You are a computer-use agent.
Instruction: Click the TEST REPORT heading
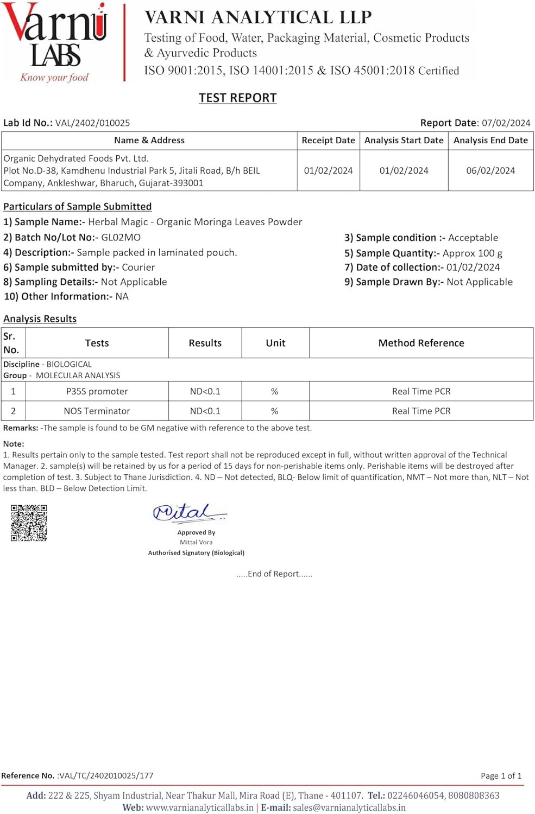click(237, 98)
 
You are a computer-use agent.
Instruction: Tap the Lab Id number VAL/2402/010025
click(92, 123)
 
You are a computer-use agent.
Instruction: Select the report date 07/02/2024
click(506, 123)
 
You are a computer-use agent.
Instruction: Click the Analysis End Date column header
click(490, 140)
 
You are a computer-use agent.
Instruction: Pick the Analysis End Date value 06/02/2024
click(490, 170)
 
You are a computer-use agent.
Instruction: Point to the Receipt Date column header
click(328, 140)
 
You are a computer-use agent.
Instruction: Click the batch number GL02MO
click(121, 237)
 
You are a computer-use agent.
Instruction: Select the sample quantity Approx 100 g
click(472, 253)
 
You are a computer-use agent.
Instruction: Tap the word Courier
click(138, 267)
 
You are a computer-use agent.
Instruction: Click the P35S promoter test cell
click(97, 391)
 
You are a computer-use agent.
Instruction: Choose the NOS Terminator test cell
click(97, 411)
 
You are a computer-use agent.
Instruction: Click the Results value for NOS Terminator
click(205, 411)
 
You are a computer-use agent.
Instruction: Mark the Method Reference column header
click(421, 343)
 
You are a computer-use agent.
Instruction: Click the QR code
click(29, 523)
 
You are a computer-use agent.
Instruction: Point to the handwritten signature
click(188, 513)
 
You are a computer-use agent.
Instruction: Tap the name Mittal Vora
click(196, 542)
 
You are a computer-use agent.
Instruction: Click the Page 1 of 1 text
click(501, 775)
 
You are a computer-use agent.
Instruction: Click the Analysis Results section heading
click(40, 319)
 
